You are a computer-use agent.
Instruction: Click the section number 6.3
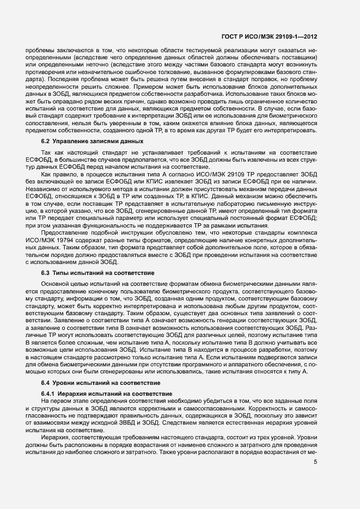pos(46,272)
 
